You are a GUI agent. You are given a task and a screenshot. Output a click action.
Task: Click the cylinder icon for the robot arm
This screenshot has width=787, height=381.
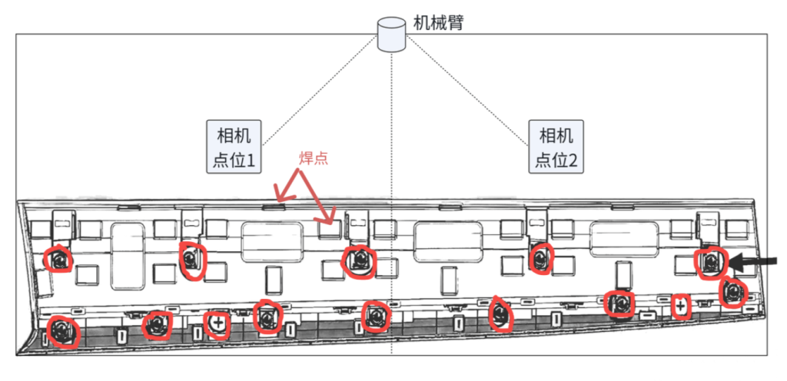391,34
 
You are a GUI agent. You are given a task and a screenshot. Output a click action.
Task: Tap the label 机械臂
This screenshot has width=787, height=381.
437,23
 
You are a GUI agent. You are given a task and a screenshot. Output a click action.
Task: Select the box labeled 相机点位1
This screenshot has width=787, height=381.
234,147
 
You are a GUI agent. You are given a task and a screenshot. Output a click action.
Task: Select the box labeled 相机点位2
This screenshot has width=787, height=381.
556,147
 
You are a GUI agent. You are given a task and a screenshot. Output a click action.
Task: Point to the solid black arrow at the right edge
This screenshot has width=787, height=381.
753,260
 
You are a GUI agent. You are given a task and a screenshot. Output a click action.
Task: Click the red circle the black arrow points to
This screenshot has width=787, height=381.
710,262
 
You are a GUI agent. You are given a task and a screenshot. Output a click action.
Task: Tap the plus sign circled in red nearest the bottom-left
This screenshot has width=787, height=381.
218,324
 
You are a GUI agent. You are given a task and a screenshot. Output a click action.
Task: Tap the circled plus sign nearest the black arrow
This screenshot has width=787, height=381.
680,306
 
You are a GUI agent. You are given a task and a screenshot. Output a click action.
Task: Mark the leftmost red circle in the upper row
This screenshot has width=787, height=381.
58,259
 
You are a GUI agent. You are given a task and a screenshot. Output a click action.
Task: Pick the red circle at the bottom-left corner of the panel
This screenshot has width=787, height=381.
63,332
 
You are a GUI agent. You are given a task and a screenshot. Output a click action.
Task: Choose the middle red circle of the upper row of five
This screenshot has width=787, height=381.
358,260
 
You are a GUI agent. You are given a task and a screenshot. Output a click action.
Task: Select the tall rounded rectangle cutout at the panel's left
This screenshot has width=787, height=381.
128,256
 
